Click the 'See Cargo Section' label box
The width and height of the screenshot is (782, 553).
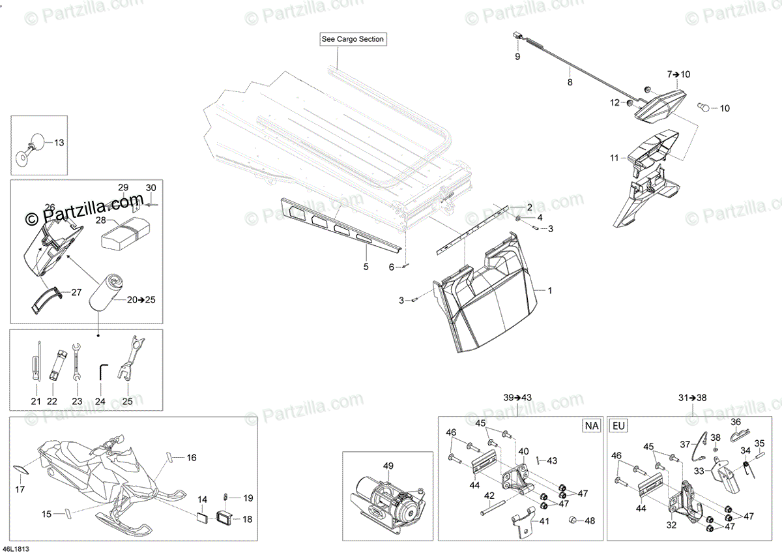coord(353,39)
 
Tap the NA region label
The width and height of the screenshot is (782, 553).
coord(591,426)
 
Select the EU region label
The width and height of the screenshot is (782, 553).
coord(618,426)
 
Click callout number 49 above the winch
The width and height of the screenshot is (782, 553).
coord(388,466)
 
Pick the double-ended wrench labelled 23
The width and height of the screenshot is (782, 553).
coord(77,361)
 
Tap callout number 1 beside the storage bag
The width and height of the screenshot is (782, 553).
coord(549,291)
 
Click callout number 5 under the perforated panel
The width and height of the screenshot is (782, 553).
coord(366,267)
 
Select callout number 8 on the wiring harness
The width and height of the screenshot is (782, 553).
coord(570,82)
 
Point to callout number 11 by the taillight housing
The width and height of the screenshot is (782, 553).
coord(614,158)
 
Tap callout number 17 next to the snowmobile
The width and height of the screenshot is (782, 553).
coord(20,488)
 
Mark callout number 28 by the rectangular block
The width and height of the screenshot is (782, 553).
coord(100,221)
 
